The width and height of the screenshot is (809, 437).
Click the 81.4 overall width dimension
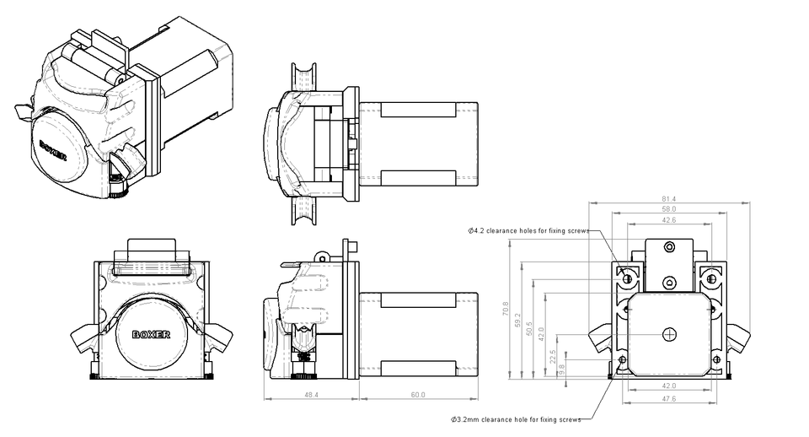669,198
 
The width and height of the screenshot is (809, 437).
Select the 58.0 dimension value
669,208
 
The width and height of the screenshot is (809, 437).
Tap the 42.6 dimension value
669,219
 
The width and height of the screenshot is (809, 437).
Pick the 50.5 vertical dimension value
529,327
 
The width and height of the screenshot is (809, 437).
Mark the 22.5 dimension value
553,354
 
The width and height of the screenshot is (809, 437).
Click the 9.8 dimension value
562,368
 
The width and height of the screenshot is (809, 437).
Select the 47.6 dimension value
669,399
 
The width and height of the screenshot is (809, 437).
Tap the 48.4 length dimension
311,394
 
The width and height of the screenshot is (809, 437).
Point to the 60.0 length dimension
419,394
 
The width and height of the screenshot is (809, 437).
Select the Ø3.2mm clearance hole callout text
516,418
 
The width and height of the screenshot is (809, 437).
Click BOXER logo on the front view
152,333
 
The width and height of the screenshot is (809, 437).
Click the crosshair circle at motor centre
669,333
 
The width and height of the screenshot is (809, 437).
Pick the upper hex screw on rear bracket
669,247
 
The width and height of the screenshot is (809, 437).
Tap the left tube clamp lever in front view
85,338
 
